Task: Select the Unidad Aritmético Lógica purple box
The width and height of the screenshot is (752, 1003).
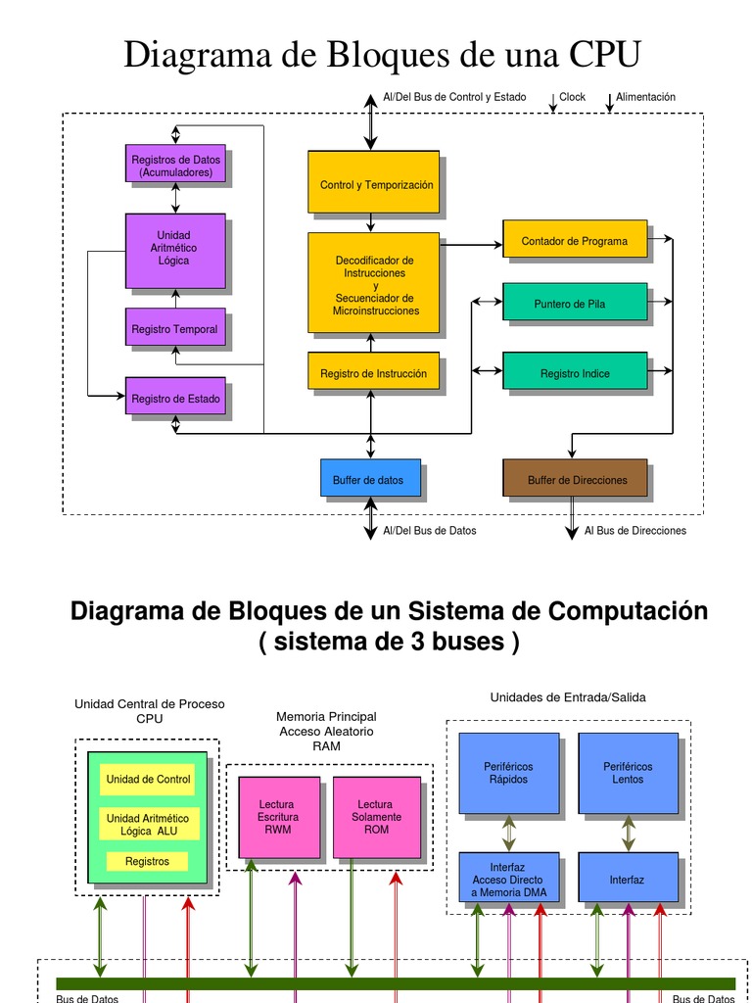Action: click(x=175, y=250)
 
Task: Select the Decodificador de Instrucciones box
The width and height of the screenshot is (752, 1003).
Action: click(x=373, y=285)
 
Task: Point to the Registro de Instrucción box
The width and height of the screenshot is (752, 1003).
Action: click(x=373, y=372)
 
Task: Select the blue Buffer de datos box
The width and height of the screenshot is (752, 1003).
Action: click(x=370, y=478)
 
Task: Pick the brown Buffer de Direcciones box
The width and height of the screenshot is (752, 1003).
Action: click(x=575, y=478)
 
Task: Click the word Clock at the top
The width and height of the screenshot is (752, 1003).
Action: click(x=572, y=97)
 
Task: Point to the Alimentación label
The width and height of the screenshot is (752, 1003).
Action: click(x=645, y=97)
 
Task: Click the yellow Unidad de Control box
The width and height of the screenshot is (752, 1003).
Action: click(x=148, y=780)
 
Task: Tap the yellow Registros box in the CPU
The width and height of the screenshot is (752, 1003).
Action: click(x=148, y=862)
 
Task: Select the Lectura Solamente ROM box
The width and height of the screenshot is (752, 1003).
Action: click(x=377, y=817)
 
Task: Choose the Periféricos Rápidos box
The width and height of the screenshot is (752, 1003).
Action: click(x=509, y=773)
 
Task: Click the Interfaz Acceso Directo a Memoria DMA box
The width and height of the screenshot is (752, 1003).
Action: click(x=509, y=878)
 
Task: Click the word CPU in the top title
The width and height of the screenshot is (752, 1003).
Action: click(x=605, y=55)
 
